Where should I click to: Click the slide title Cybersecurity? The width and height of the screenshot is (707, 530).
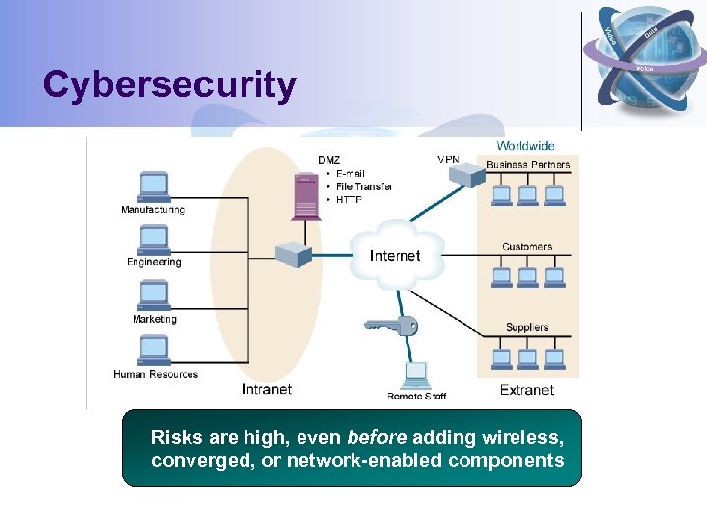coord(169,85)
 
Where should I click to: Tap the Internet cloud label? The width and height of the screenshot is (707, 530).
coord(395,256)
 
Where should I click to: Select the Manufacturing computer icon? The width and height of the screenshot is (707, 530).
coord(153,186)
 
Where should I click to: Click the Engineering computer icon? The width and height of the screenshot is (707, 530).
coord(153,239)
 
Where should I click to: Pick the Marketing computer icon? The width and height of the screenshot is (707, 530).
coord(153,294)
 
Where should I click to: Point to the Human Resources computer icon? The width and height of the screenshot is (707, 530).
coord(153,349)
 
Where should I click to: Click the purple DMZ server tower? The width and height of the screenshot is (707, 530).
coord(305,196)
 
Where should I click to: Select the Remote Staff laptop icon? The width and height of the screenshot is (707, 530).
coord(416,374)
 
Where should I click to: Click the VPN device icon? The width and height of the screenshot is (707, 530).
coord(466,175)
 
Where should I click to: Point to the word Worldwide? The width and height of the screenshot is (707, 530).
coord(524,146)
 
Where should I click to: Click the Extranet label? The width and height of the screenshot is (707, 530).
coord(526,390)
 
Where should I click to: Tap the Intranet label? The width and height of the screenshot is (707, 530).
coord(266,389)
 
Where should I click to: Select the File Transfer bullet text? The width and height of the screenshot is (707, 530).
coord(363,186)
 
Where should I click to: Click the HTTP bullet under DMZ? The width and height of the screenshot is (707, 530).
coord(349,199)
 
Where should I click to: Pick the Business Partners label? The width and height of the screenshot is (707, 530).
coord(527,164)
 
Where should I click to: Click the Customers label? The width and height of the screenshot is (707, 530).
coord(526,247)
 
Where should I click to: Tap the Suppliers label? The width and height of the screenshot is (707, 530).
coord(526,327)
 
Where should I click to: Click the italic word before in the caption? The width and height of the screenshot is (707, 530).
coord(377,437)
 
